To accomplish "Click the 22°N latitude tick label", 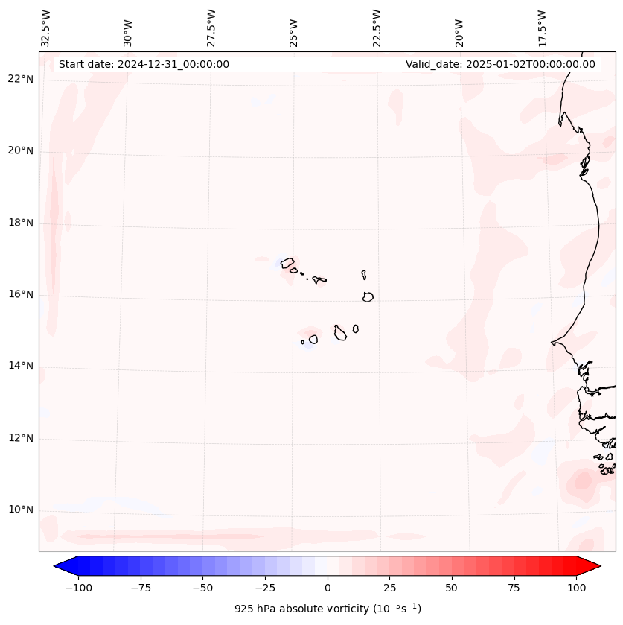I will (22, 80).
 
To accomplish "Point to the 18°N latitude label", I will (22, 223).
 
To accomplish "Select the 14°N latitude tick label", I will (22, 366).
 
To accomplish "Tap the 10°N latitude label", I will (22, 510).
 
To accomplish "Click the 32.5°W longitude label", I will (46, 28).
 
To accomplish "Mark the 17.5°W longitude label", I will (542, 28).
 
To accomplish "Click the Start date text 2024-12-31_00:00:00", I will (144, 64).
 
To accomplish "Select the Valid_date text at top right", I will (500, 64).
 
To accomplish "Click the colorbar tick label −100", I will (79, 588).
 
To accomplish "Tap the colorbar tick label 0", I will (328, 588).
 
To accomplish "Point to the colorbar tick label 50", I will (452, 588).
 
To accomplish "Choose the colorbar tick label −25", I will (265, 588).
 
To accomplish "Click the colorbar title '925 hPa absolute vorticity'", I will (328, 609).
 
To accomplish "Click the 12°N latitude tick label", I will (22, 438).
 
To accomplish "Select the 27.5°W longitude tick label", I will (211, 28).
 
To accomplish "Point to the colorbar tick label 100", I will (576, 588).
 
